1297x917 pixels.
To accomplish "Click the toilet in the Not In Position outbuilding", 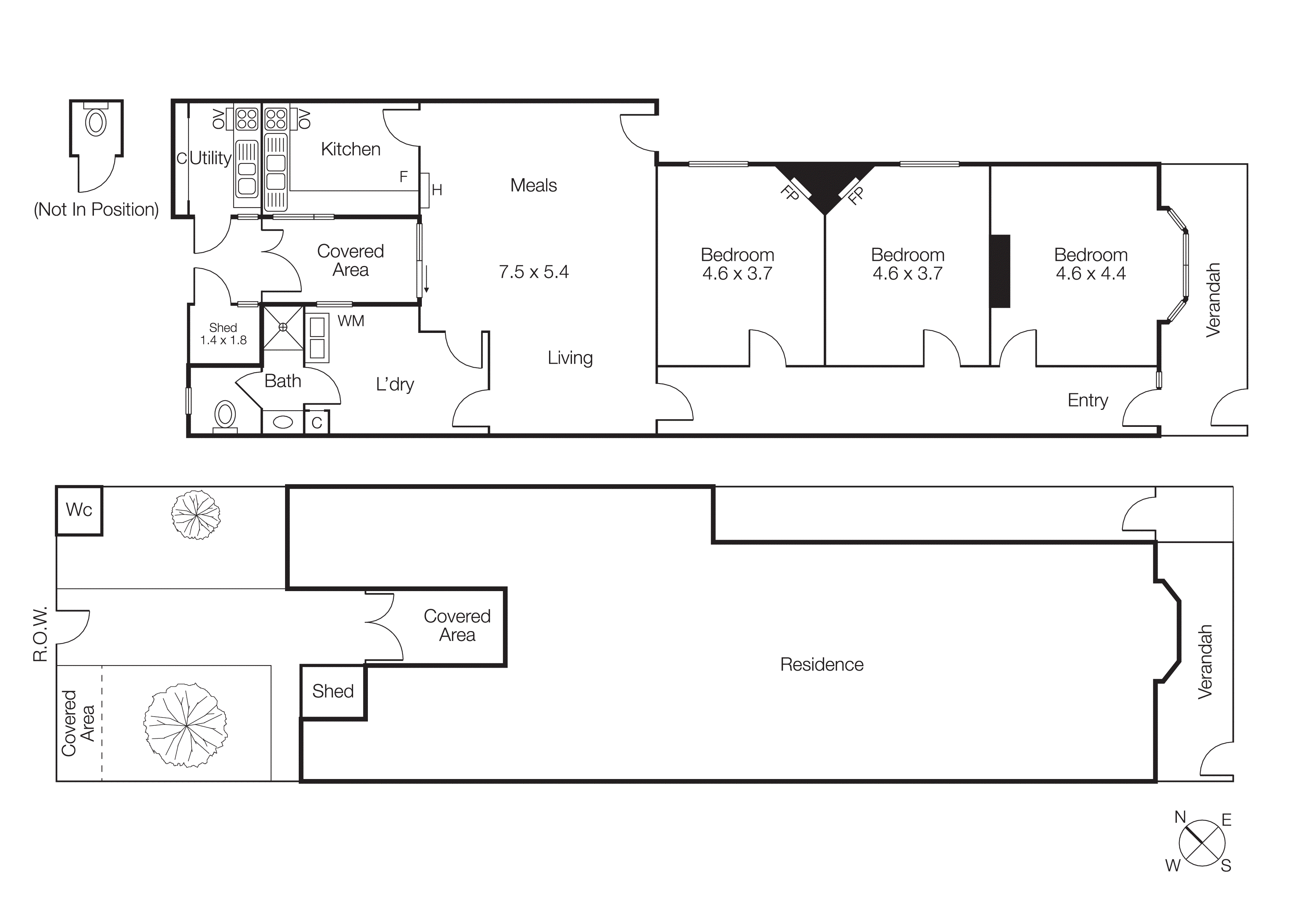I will (x=96, y=122).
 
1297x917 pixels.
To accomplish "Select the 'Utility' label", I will (x=210, y=158).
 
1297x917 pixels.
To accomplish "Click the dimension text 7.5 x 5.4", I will (x=533, y=272).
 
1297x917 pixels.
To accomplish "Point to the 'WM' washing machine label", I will (x=351, y=321).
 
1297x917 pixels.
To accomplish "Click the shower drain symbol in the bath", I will (x=283, y=327).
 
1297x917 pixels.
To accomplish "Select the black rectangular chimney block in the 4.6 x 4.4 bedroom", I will (x=1000, y=271).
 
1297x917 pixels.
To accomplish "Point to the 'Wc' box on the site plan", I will (x=79, y=510).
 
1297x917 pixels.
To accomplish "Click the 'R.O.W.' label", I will (x=40, y=634).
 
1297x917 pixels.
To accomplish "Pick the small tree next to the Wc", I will (x=196, y=515).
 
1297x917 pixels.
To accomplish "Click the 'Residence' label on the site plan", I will (x=822, y=664).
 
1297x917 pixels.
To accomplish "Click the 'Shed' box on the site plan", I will (x=333, y=691).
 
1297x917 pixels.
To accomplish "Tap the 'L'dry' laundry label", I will (x=395, y=384).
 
